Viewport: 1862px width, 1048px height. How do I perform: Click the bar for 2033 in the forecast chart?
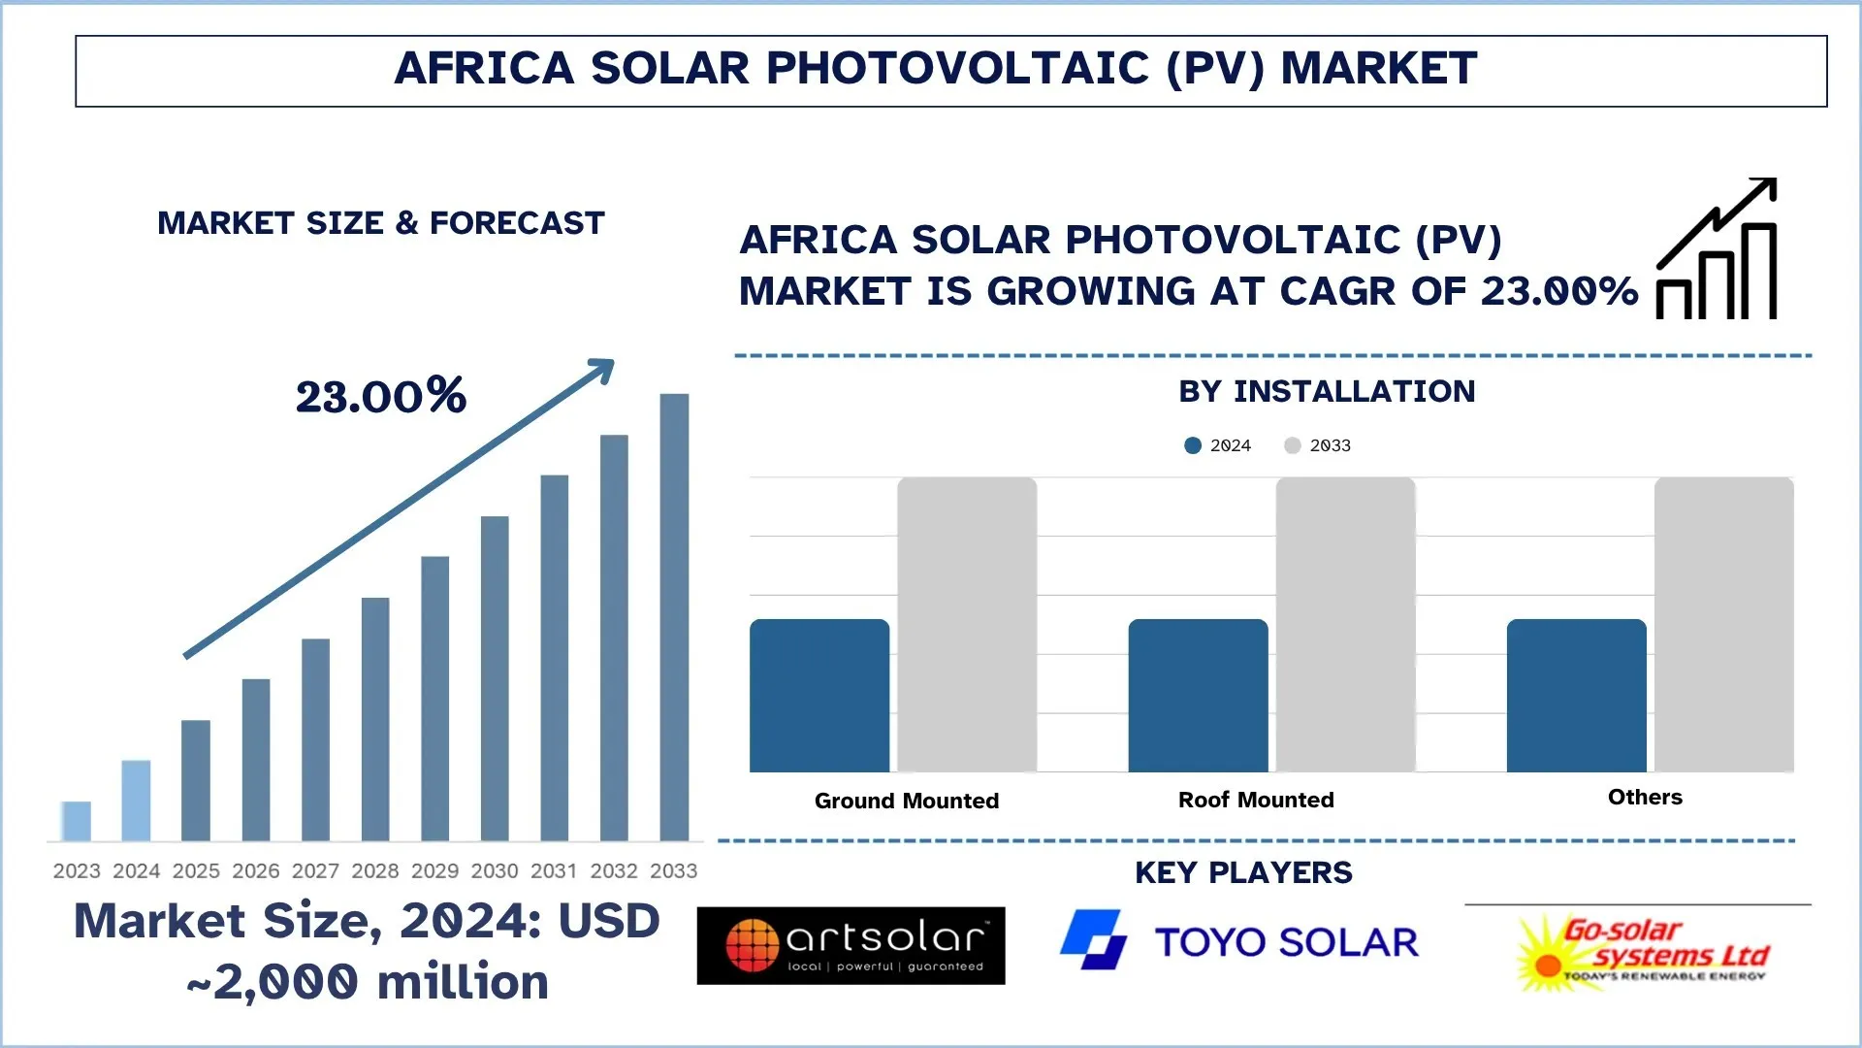(674, 616)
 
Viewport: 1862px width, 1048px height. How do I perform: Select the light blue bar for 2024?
(136, 801)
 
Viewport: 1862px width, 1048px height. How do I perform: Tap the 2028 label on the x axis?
(375, 870)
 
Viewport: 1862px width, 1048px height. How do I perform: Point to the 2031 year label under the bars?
(554, 870)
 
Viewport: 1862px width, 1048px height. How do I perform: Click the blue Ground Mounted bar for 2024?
(819, 696)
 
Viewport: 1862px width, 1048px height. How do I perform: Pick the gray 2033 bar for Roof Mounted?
(1345, 624)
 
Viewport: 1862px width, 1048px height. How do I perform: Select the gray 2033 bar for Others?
(1723, 624)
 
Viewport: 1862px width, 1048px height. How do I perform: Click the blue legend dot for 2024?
(1193, 445)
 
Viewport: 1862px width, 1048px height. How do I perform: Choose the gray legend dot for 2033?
(1292, 445)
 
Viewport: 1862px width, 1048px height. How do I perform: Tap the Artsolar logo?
(851, 945)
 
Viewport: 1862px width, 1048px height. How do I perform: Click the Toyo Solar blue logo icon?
(1094, 939)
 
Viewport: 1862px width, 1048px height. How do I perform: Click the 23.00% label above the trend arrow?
(381, 396)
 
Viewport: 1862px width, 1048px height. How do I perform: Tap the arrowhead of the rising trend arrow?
(603, 370)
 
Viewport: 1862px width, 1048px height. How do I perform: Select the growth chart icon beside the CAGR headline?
(1717, 249)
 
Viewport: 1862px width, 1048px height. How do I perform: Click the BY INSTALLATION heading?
(1327, 391)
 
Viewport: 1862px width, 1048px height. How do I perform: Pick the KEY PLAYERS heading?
(1243, 872)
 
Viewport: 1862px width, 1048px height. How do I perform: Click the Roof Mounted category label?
(1256, 800)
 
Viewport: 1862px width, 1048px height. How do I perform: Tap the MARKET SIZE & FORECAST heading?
(381, 223)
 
